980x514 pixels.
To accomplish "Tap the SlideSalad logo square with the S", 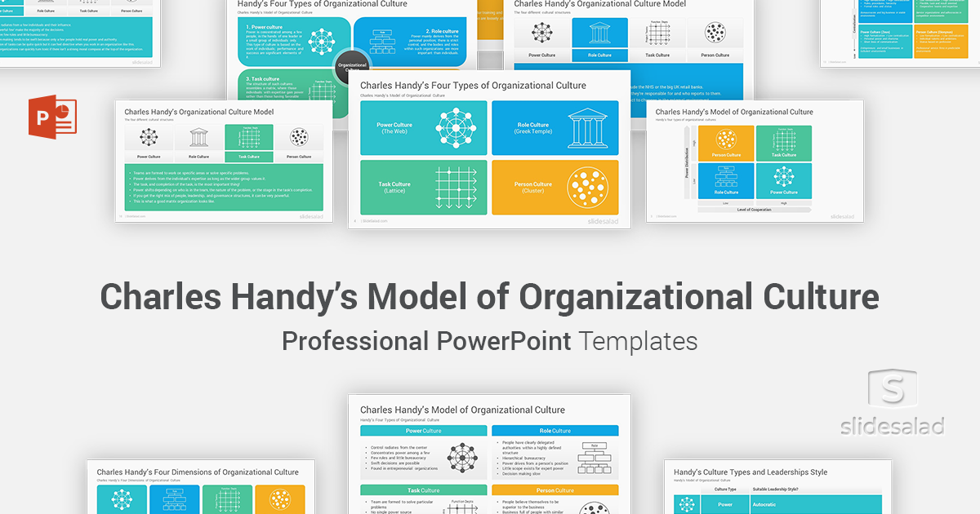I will (x=892, y=392).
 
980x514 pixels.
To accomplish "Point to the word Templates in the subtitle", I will (x=639, y=340).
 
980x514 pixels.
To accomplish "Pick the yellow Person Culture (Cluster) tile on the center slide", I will (x=555, y=187).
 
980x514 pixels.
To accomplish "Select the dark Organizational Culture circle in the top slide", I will (x=353, y=66).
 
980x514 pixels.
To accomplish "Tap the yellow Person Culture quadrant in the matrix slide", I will (x=726, y=144).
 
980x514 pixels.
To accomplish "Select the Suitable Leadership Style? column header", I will (x=776, y=489).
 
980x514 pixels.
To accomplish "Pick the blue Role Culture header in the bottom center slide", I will (x=555, y=431).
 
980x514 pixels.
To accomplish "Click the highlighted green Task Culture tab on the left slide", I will (x=248, y=156).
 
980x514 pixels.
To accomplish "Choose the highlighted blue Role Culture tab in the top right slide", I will (x=599, y=55).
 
